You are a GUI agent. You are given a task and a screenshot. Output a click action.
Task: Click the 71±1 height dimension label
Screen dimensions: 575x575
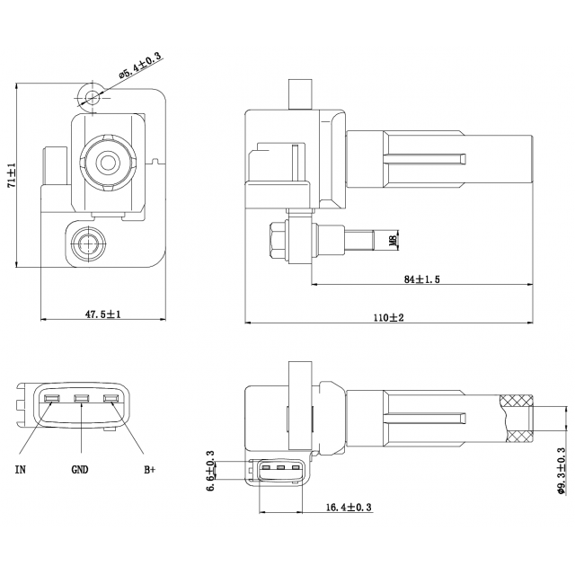[x=12, y=175]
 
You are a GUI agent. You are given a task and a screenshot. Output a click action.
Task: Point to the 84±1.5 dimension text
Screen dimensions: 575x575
[x=421, y=279]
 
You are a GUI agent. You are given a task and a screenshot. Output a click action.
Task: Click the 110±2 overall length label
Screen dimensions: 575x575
[x=389, y=317]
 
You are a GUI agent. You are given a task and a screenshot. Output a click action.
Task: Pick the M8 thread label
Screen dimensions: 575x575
[x=392, y=240]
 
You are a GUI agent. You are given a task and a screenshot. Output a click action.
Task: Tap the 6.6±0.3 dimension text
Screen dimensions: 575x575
[x=211, y=468]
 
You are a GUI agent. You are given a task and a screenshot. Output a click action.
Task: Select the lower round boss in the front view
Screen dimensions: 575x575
[x=87, y=242]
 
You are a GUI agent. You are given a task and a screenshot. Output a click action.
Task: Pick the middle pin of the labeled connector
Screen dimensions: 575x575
[x=82, y=400]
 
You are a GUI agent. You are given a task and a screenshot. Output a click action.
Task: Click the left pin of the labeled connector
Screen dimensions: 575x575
[x=52, y=400]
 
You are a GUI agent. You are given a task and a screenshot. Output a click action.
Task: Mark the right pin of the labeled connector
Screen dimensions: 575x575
[x=111, y=400]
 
